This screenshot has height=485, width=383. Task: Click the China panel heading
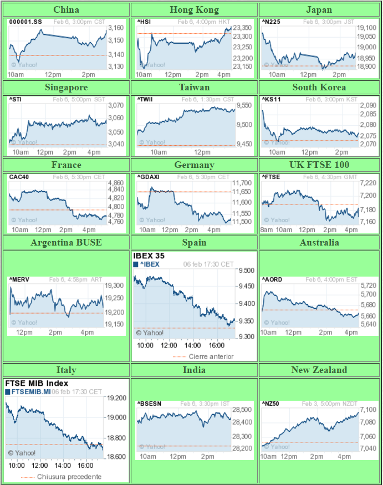66,9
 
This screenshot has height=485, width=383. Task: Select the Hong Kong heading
194,9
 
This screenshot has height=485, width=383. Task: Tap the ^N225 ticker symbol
272,22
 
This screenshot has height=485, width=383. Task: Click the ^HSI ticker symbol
144,22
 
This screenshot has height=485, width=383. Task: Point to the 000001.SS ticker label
25,22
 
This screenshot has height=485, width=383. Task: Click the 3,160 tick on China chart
115,28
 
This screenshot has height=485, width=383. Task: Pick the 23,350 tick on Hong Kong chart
243,28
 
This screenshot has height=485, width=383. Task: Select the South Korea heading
319,87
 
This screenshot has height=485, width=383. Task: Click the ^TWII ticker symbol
146,100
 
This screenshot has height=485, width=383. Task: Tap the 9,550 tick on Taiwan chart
243,105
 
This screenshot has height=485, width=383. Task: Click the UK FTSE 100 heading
319,165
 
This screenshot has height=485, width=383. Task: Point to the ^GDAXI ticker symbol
149,177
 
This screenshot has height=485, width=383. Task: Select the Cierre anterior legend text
211,356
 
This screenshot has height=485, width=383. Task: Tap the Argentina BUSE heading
66,242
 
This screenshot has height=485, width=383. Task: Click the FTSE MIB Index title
37,383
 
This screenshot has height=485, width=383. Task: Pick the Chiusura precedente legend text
69,477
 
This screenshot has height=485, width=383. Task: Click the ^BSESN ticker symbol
149,404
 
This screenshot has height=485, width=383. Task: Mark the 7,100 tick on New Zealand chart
369,410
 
